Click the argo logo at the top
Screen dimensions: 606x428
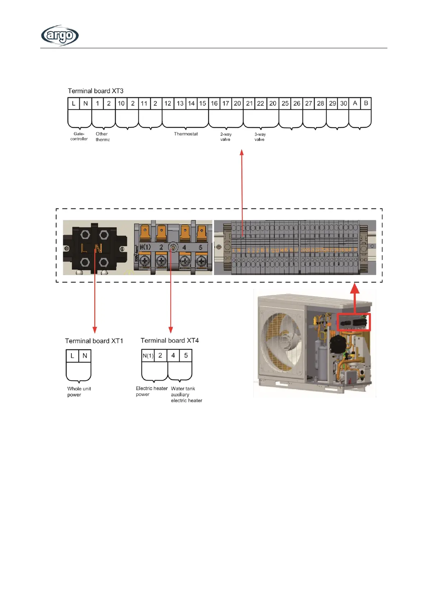[x=60, y=35]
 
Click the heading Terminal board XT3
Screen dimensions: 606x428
[x=96, y=91]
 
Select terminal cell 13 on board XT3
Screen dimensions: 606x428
[x=180, y=103]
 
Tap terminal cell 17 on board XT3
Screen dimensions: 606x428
[x=226, y=103]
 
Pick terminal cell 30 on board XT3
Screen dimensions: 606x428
[x=344, y=103]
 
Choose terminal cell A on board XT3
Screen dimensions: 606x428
[x=355, y=103]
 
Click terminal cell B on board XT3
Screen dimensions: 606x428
[x=366, y=103]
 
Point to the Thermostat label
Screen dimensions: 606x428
[x=186, y=134]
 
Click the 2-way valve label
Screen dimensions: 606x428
[x=226, y=137]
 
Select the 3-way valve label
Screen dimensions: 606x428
[x=260, y=137]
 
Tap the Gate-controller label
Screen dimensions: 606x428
[x=79, y=136]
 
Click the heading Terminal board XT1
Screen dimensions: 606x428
[x=94, y=341]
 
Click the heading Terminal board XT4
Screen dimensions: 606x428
[x=170, y=341]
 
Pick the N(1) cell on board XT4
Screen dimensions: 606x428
[x=148, y=356]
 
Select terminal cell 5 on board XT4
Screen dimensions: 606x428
[x=186, y=355]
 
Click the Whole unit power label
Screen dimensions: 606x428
[x=79, y=392]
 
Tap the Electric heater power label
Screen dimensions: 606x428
[x=152, y=391]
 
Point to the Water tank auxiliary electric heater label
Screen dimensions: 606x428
[x=186, y=395]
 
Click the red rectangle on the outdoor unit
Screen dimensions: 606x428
[x=354, y=322]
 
